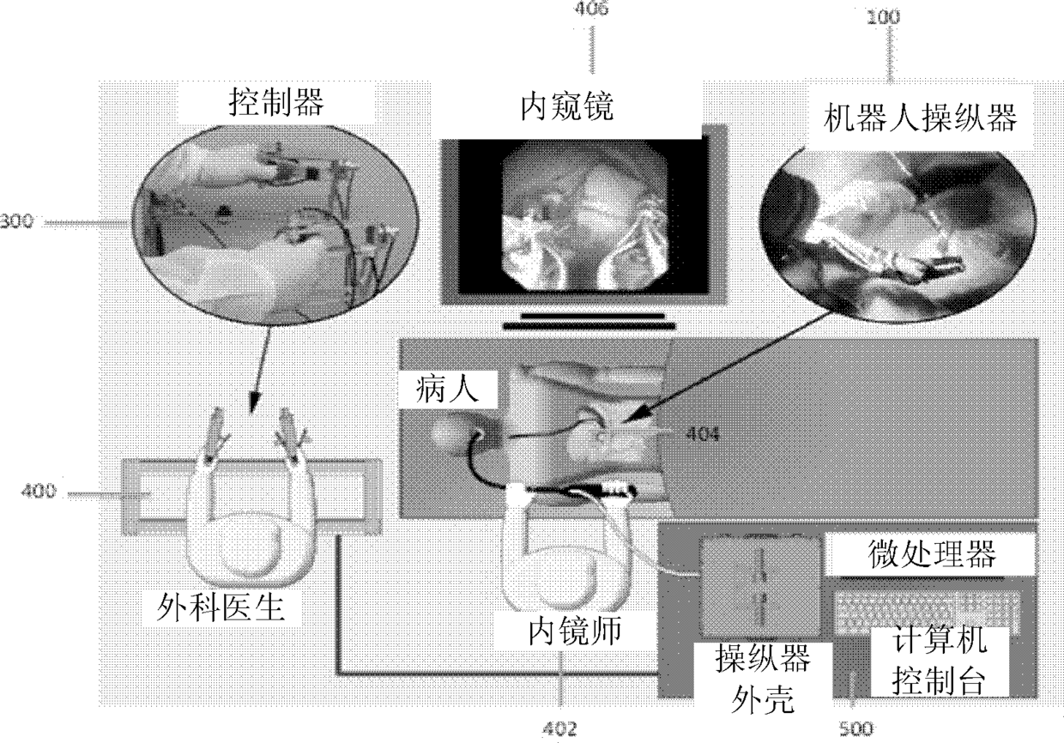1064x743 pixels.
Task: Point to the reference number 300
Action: pos(16,222)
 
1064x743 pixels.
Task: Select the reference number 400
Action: pos(40,492)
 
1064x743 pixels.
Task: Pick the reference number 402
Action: pos(560,728)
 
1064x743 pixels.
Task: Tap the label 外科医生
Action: pos(223,608)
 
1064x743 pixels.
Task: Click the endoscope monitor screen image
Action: pos(583,214)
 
